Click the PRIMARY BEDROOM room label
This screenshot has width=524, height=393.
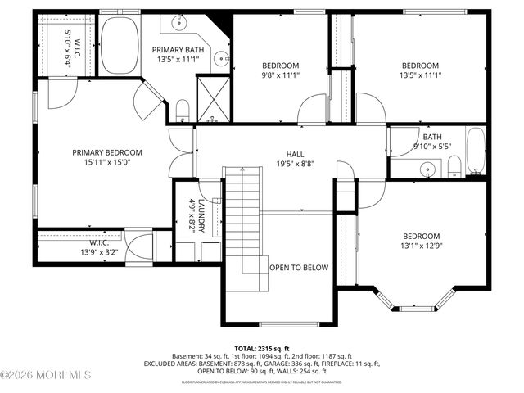coord(106,152)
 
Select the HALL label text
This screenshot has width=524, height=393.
coord(295,154)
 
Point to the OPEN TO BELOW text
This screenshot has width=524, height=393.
coord(299,268)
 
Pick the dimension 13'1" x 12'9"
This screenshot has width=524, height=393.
coord(420,246)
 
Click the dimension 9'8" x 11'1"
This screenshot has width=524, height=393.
coord(281,75)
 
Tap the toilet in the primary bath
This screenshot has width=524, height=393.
coord(182,111)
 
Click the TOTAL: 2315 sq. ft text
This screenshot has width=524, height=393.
coord(262,348)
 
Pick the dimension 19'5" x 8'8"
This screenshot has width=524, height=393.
coord(295,164)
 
